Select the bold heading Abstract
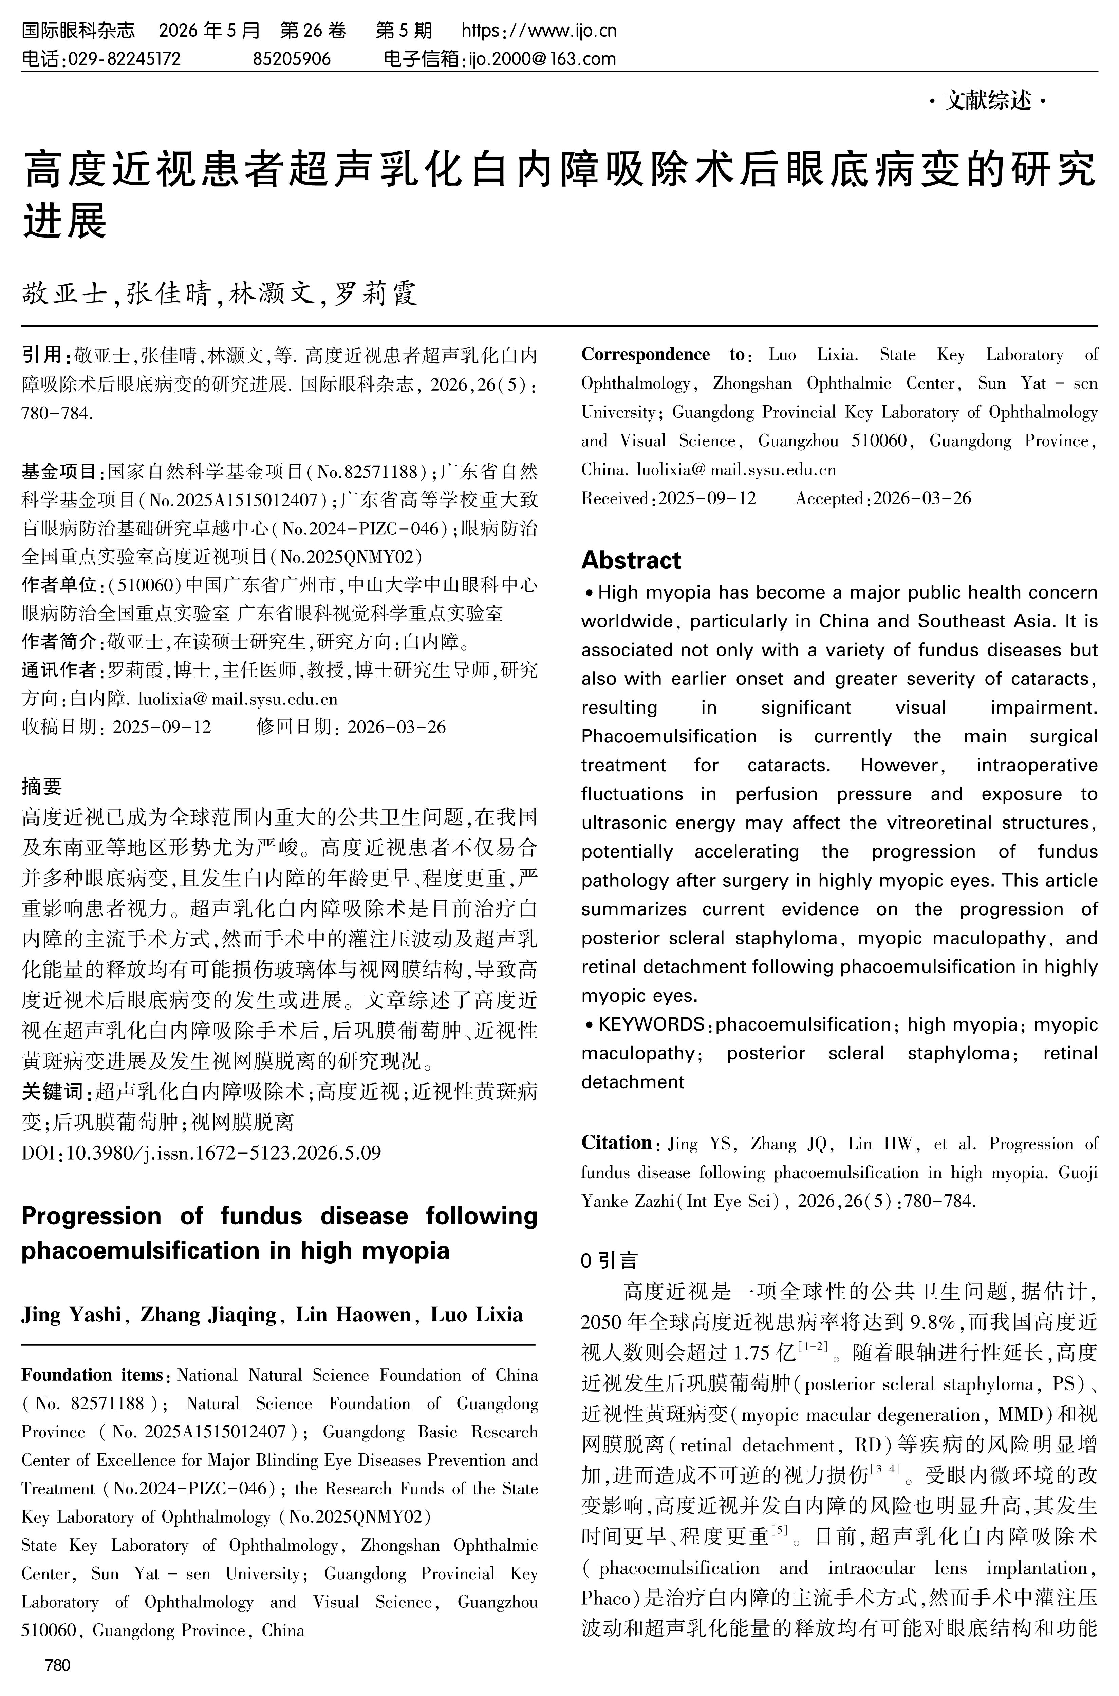point(631,560)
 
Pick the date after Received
point(707,498)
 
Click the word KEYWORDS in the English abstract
point(651,1024)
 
